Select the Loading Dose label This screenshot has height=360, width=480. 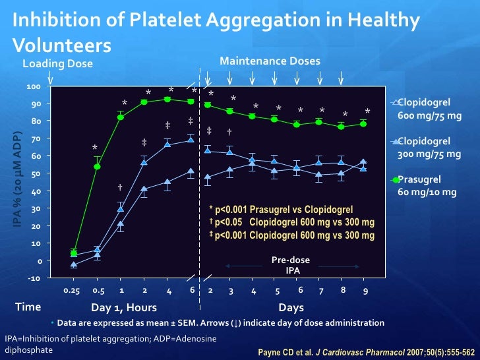click(x=58, y=64)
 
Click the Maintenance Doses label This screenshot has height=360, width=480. click(x=270, y=61)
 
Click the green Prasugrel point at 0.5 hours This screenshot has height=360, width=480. click(x=98, y=167)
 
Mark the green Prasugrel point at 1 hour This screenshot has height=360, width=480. click(x=121, y=117)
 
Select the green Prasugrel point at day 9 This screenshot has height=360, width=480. click(x=363, y=124)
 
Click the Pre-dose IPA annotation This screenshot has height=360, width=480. click(x=291, y=265)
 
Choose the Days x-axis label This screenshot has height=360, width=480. click(x=291, y=307)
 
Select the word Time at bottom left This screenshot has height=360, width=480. click(x=28, y=307)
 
